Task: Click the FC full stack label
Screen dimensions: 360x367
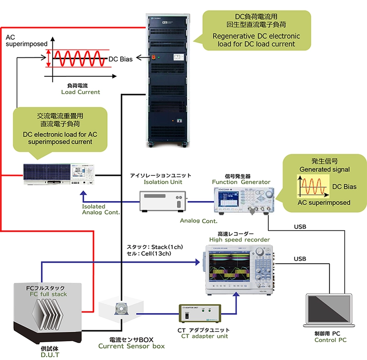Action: click(x=49, y=294)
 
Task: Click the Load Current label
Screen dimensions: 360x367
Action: click(x=81, y=92)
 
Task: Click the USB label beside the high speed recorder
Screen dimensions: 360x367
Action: click(x=300, y=259)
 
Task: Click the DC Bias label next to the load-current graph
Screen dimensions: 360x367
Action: click(x=120, y=59)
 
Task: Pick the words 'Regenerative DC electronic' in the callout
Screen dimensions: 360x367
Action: click(x=256, y=36)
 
